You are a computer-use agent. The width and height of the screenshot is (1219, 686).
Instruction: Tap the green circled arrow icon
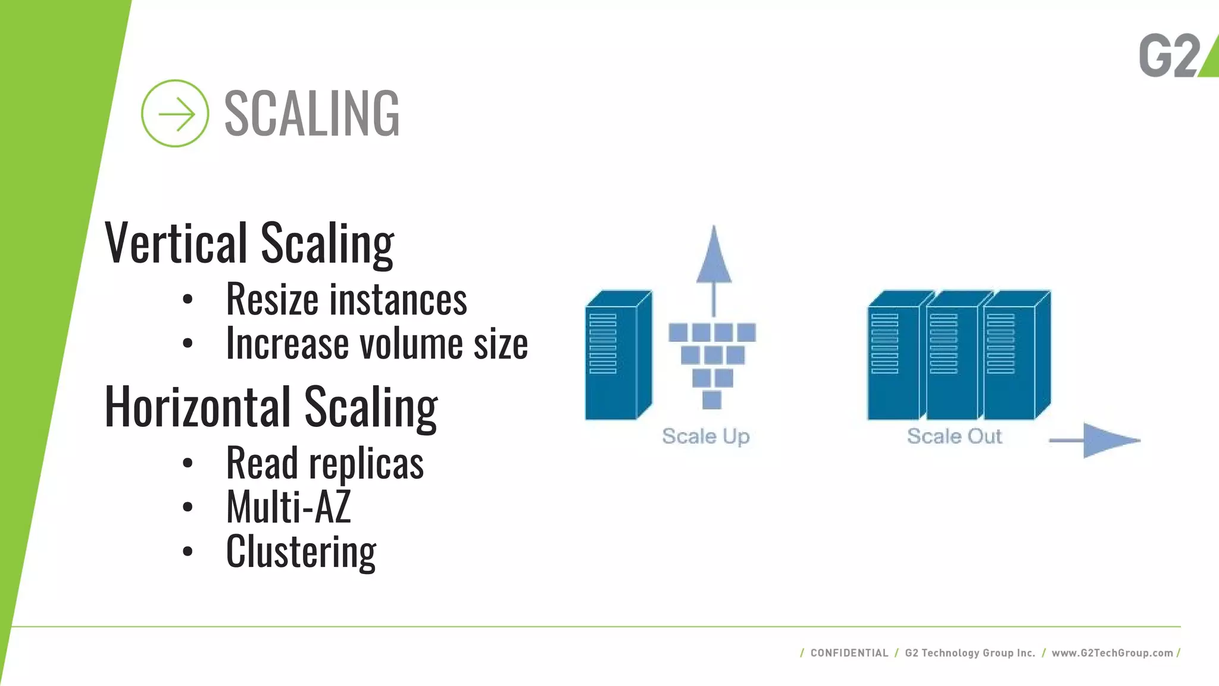(175, 113)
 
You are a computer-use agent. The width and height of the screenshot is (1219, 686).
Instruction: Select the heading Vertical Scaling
(249, 242)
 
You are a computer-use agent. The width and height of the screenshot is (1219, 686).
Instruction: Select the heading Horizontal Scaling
(271, 407)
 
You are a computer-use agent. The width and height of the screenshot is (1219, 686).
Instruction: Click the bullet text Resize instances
(346, 299)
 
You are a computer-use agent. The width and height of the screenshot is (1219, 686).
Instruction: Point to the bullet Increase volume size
(376, 344)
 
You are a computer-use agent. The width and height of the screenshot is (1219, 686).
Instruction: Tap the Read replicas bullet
(324, 463)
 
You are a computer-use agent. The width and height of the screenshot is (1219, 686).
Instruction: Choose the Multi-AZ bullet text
(288, 507)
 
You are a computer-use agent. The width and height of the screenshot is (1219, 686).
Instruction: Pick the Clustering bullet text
(301, 552)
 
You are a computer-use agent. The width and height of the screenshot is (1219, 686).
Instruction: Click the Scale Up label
(705, 436)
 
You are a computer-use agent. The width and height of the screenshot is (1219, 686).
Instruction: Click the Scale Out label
(954, 436)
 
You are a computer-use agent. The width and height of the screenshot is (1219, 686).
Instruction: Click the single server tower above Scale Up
(617, 356)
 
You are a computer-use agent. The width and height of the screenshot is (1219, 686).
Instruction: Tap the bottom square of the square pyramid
(712, 400)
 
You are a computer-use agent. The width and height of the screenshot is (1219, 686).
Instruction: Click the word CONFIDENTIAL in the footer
(849, 653)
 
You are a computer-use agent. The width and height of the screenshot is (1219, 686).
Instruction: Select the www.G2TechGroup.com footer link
(1112, 653)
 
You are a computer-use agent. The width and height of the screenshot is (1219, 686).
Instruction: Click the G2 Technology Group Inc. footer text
(970, 653)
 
